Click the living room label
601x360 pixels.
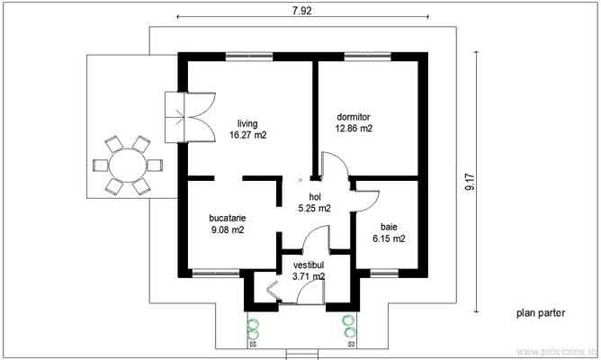(247, 123)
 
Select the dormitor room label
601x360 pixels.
(354, 117)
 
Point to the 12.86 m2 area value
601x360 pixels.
(354, 129)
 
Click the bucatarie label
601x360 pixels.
(229, 218)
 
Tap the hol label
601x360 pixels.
(315, 196)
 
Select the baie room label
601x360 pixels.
(389, 228)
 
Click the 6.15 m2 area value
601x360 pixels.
(389, 239)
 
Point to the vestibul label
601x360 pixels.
(308, 265)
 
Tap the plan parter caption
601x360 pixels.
(540, 314)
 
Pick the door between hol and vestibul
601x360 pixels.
(315, 238)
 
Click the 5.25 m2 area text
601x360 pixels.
(315, 208)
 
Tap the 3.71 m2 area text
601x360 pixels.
(308, 277)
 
